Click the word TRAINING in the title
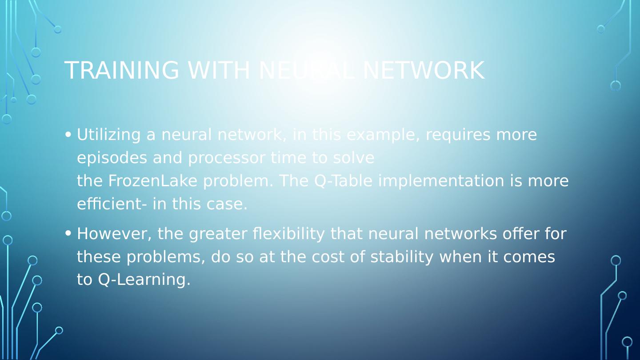(121, 70)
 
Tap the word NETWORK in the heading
(423, 70)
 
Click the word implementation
(441, 181)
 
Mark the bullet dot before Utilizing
(68, 134)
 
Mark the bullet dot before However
(68, 233)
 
